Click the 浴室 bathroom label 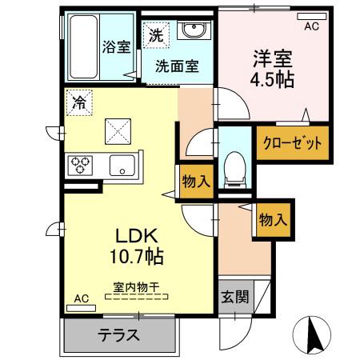(116, 46)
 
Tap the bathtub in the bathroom (81, 46)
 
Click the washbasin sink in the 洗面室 (193, 30)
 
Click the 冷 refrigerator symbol (79, 102)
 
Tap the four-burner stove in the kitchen (81, 166)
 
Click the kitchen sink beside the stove (122, 167)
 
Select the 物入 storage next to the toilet (196, 181)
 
